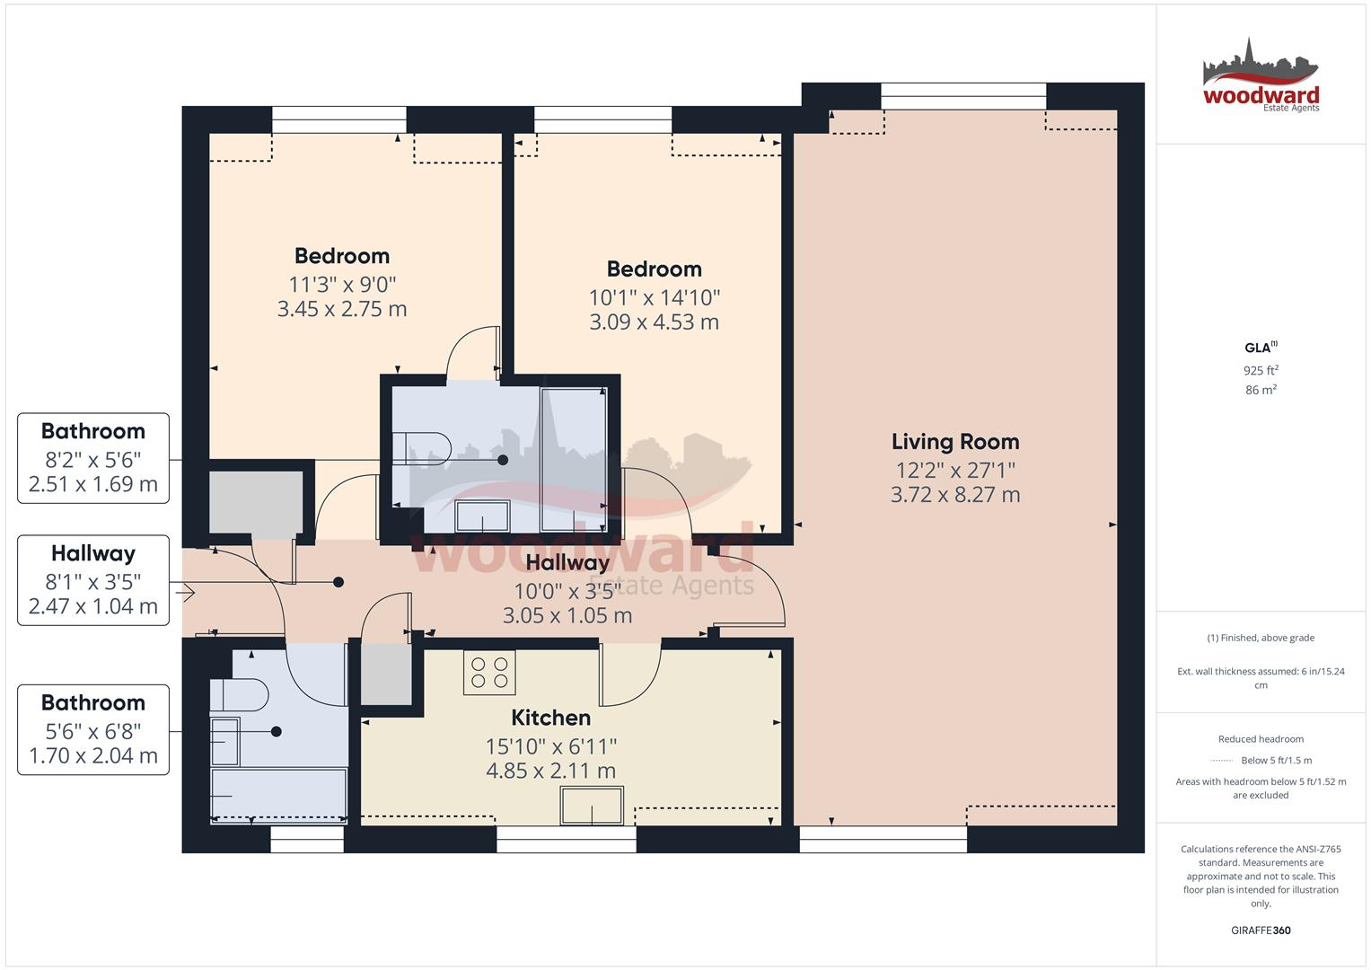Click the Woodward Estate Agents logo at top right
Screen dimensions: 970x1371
pos(1261,75)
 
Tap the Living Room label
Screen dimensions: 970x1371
pos(954,442)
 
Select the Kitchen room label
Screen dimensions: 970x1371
pos(550,718)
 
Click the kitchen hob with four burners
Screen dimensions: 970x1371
pos(489,673)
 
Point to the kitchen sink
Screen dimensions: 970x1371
pos(592,805)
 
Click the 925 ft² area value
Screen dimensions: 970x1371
pos(1261,370)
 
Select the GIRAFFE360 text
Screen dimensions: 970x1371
pos(1261,930)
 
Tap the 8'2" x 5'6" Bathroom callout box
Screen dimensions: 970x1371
pos(93,458)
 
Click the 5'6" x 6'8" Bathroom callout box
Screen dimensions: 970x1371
pos(93,729)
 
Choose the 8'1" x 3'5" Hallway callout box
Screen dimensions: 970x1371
pos(93,580)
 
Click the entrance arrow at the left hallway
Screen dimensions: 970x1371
pos(187,593)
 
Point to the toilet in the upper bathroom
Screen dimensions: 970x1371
pos(426,447)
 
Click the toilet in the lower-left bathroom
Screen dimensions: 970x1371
pos(240,695)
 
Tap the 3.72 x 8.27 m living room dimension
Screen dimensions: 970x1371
pos(954,495)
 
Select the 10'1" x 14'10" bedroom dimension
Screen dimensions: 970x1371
pos(654,297)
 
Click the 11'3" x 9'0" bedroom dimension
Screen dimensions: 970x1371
pos(342,285)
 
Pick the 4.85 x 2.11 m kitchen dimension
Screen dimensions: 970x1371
pos(550,771)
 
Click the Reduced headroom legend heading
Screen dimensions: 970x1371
pos(1261,739)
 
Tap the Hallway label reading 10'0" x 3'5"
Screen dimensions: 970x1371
pos(567,590)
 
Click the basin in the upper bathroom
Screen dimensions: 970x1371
pos(482,516)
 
